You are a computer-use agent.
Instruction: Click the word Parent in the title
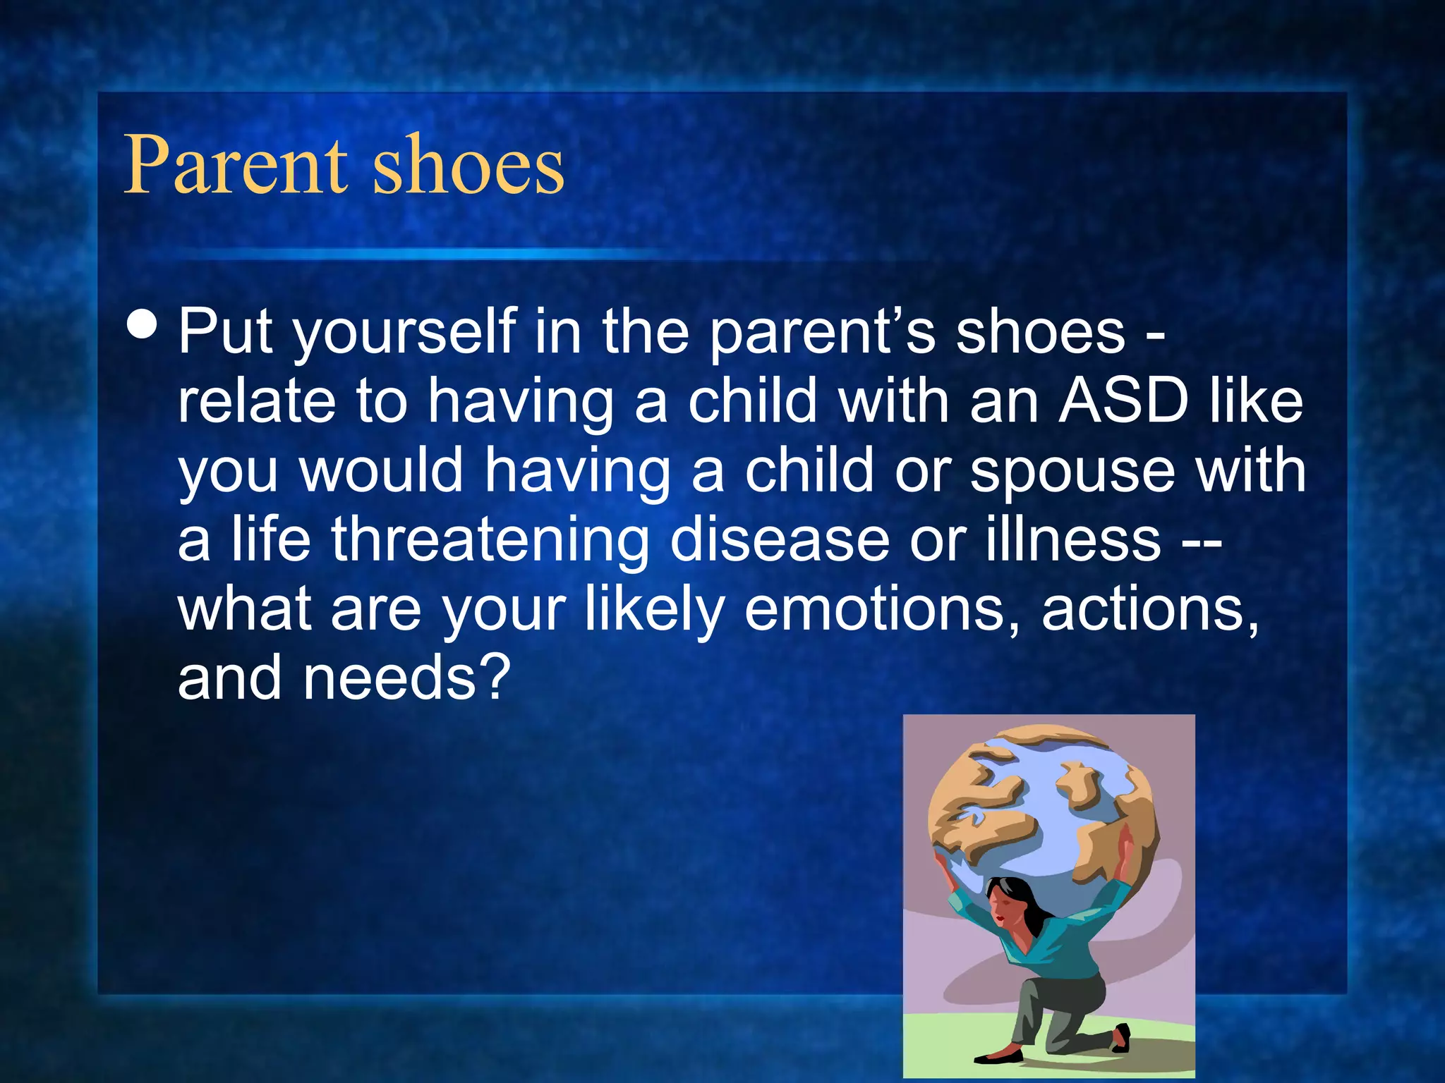pyautogui.click(x=236, y=166)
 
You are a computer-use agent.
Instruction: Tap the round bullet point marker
pyautogui.click(x=143, y=324)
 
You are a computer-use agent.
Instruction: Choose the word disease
pyautogui.click(x=780, y=539)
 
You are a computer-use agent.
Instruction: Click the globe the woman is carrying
pyautogui.click(x=1044, y=811)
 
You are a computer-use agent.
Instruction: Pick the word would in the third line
pyautogui.click(x=381, y=471)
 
